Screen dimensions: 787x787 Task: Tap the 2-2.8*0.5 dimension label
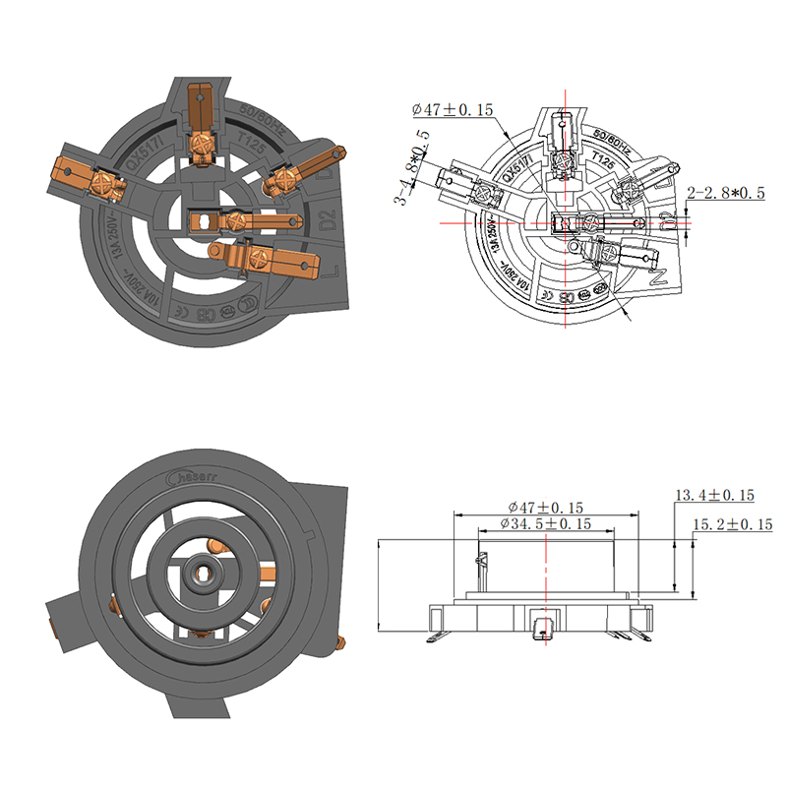point(726,194)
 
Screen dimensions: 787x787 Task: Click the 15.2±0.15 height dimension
point(733,525)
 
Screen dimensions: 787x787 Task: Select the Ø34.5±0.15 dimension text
point(545,524)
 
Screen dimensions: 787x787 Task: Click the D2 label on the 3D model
point(328,215)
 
